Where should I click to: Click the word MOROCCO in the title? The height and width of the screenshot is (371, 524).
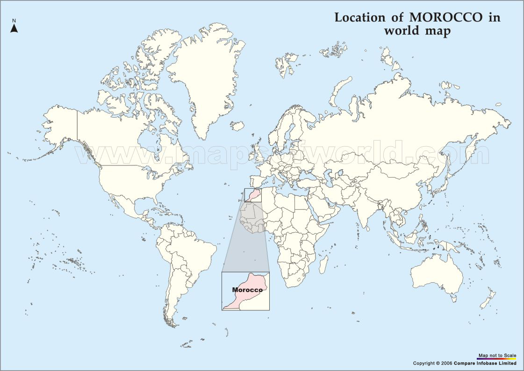[446, 18]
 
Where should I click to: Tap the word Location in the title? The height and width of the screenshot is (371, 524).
[358, 18]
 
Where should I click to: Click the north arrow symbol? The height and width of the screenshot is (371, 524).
[14, 29]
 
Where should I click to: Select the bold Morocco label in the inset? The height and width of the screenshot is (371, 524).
[247, 290]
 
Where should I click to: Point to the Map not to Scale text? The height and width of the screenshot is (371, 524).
[497, 356]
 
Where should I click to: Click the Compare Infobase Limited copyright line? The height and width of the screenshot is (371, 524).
[465, 363]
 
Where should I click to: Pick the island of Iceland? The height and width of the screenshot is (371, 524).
[237, 126]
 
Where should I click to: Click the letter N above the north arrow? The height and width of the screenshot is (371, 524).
[14, 21]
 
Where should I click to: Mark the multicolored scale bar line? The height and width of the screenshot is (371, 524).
[497, 359]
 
